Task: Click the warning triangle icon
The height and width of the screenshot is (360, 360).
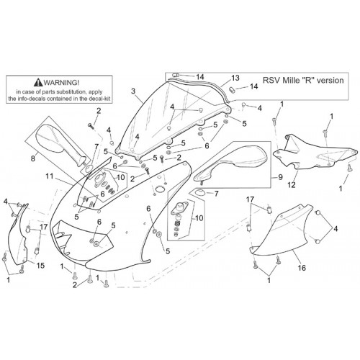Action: point(38,83)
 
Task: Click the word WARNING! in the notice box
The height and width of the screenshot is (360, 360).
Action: point(61,83)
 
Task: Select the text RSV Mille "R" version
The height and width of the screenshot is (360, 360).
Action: point(303,80)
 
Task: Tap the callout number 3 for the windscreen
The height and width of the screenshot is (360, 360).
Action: point(133,91)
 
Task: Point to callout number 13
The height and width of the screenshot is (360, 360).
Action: point(235,78)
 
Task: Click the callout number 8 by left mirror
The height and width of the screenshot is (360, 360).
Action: point(33,158)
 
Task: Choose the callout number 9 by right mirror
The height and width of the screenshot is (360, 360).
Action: point(280,177)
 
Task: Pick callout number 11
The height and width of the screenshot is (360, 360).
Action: point(50,176)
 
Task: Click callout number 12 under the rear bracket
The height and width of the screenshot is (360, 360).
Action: point(292,185)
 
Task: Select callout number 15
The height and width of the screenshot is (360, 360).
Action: point(40,266)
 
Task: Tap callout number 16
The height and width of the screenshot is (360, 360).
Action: point(302,268)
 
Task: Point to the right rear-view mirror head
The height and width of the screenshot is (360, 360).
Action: point(247,156)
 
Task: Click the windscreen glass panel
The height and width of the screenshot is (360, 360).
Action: point(168,120)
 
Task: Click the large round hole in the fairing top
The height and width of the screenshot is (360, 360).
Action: point(159,189)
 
